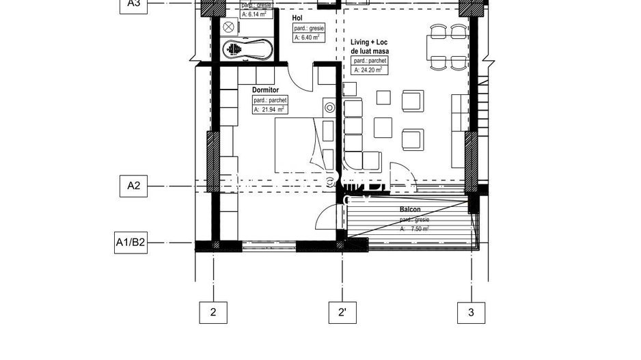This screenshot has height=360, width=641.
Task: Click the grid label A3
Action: (x=134, y=4)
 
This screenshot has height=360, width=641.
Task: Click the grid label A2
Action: (x=134, y=186)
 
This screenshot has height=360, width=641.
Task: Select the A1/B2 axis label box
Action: (x=131, y=243)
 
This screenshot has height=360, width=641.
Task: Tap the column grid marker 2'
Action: (x=342, y=312)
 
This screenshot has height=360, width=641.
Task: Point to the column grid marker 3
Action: (x=471, y=312)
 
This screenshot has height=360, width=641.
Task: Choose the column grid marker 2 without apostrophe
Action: (x=213, y=312)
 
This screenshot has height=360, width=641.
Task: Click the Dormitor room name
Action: (x=266, y=89)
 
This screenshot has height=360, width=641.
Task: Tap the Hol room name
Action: (x=297, y=18)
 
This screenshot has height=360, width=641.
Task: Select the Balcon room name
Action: (x=410, y=210)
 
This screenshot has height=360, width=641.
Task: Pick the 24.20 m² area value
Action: (x=372, y=70)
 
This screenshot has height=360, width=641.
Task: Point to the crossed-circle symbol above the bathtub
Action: (x=229, y=26)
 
